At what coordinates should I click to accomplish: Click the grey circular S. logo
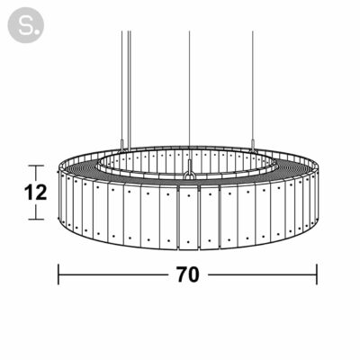point(26,25)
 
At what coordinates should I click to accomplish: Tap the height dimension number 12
point(35,193)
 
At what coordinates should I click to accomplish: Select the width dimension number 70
point(188,274)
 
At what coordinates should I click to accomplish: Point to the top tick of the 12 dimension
point(36,166)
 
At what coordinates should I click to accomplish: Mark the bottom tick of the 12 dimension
point(36,220)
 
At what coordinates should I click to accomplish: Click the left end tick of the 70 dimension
point(58,274)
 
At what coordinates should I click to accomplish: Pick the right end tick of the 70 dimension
point(317,274)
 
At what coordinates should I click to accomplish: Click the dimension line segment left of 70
point(112,274)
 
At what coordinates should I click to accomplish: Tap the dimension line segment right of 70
point(263,274)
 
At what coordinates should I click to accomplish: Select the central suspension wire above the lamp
point(189,95)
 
